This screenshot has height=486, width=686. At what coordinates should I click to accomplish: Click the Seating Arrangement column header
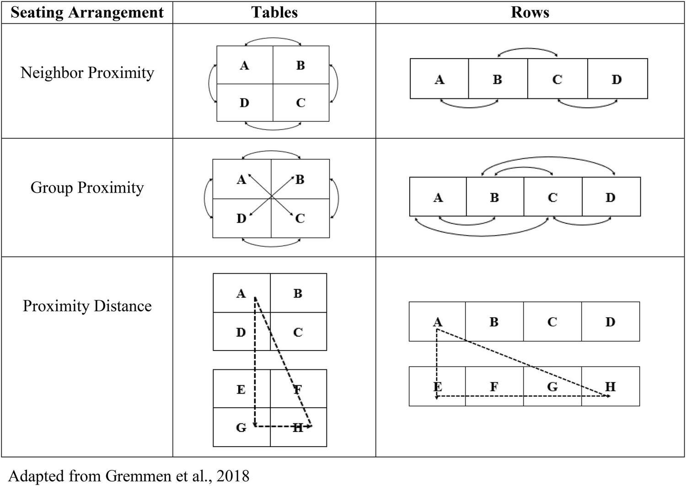tap(87, 12)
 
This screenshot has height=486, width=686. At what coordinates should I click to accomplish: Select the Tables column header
tap(274, 12)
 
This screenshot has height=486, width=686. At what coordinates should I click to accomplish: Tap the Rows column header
tap(530, 12)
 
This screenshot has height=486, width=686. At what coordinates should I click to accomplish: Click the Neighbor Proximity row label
tap(87, 73)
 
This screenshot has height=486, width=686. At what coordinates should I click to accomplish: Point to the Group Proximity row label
tap(87, 188)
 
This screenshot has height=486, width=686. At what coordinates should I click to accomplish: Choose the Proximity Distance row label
tap(87, 306)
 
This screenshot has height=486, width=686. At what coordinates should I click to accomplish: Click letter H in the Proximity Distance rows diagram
tap(610, 387)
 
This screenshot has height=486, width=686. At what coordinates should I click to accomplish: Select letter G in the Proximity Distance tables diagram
tap(241, 427)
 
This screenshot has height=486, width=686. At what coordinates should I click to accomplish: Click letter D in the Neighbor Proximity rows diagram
tap(616, 80)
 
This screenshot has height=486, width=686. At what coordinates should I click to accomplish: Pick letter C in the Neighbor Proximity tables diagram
tap(300, 103)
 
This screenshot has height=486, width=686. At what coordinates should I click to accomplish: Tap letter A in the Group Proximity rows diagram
tap(438, 198)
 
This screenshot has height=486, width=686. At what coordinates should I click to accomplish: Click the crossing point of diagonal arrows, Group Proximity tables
tap(271, 198)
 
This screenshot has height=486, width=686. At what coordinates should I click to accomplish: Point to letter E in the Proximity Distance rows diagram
tap(438, 387)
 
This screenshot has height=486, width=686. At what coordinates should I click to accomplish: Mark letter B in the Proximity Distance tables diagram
tap(298, 293)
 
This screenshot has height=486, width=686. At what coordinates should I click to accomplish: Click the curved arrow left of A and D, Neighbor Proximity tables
tap(210, 83)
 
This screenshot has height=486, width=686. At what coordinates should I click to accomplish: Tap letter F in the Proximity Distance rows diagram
tap(494, 387)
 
